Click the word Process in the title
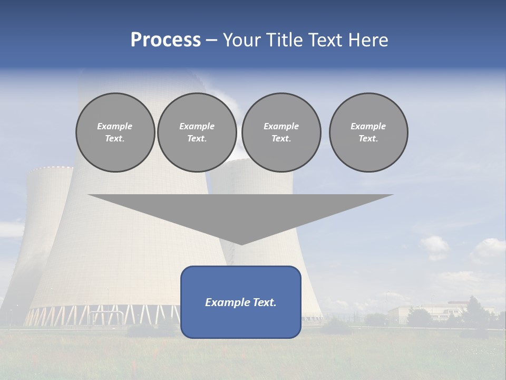(166, 40)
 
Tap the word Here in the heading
(367, 40)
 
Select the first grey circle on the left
(115, 132)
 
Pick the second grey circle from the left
(197, 132)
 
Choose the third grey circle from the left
(281, 132)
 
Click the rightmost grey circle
(368, 132)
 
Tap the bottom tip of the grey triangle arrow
(241, 243)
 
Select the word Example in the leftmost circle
(115, 126)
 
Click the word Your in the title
(241, 40)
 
